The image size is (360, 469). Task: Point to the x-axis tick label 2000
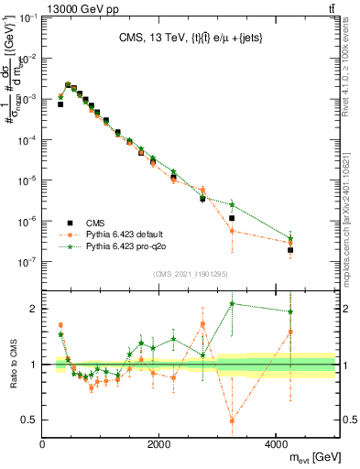click(x=159, y=444)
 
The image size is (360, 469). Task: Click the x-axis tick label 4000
click(x=277, y=444)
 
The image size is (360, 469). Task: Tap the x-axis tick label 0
click(x=43, y=444)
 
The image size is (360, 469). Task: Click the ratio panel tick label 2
click(x=34, y=309)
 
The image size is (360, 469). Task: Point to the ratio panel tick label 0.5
click(x=29, y=420)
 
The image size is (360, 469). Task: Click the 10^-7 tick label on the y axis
click(x=27, y=261)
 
